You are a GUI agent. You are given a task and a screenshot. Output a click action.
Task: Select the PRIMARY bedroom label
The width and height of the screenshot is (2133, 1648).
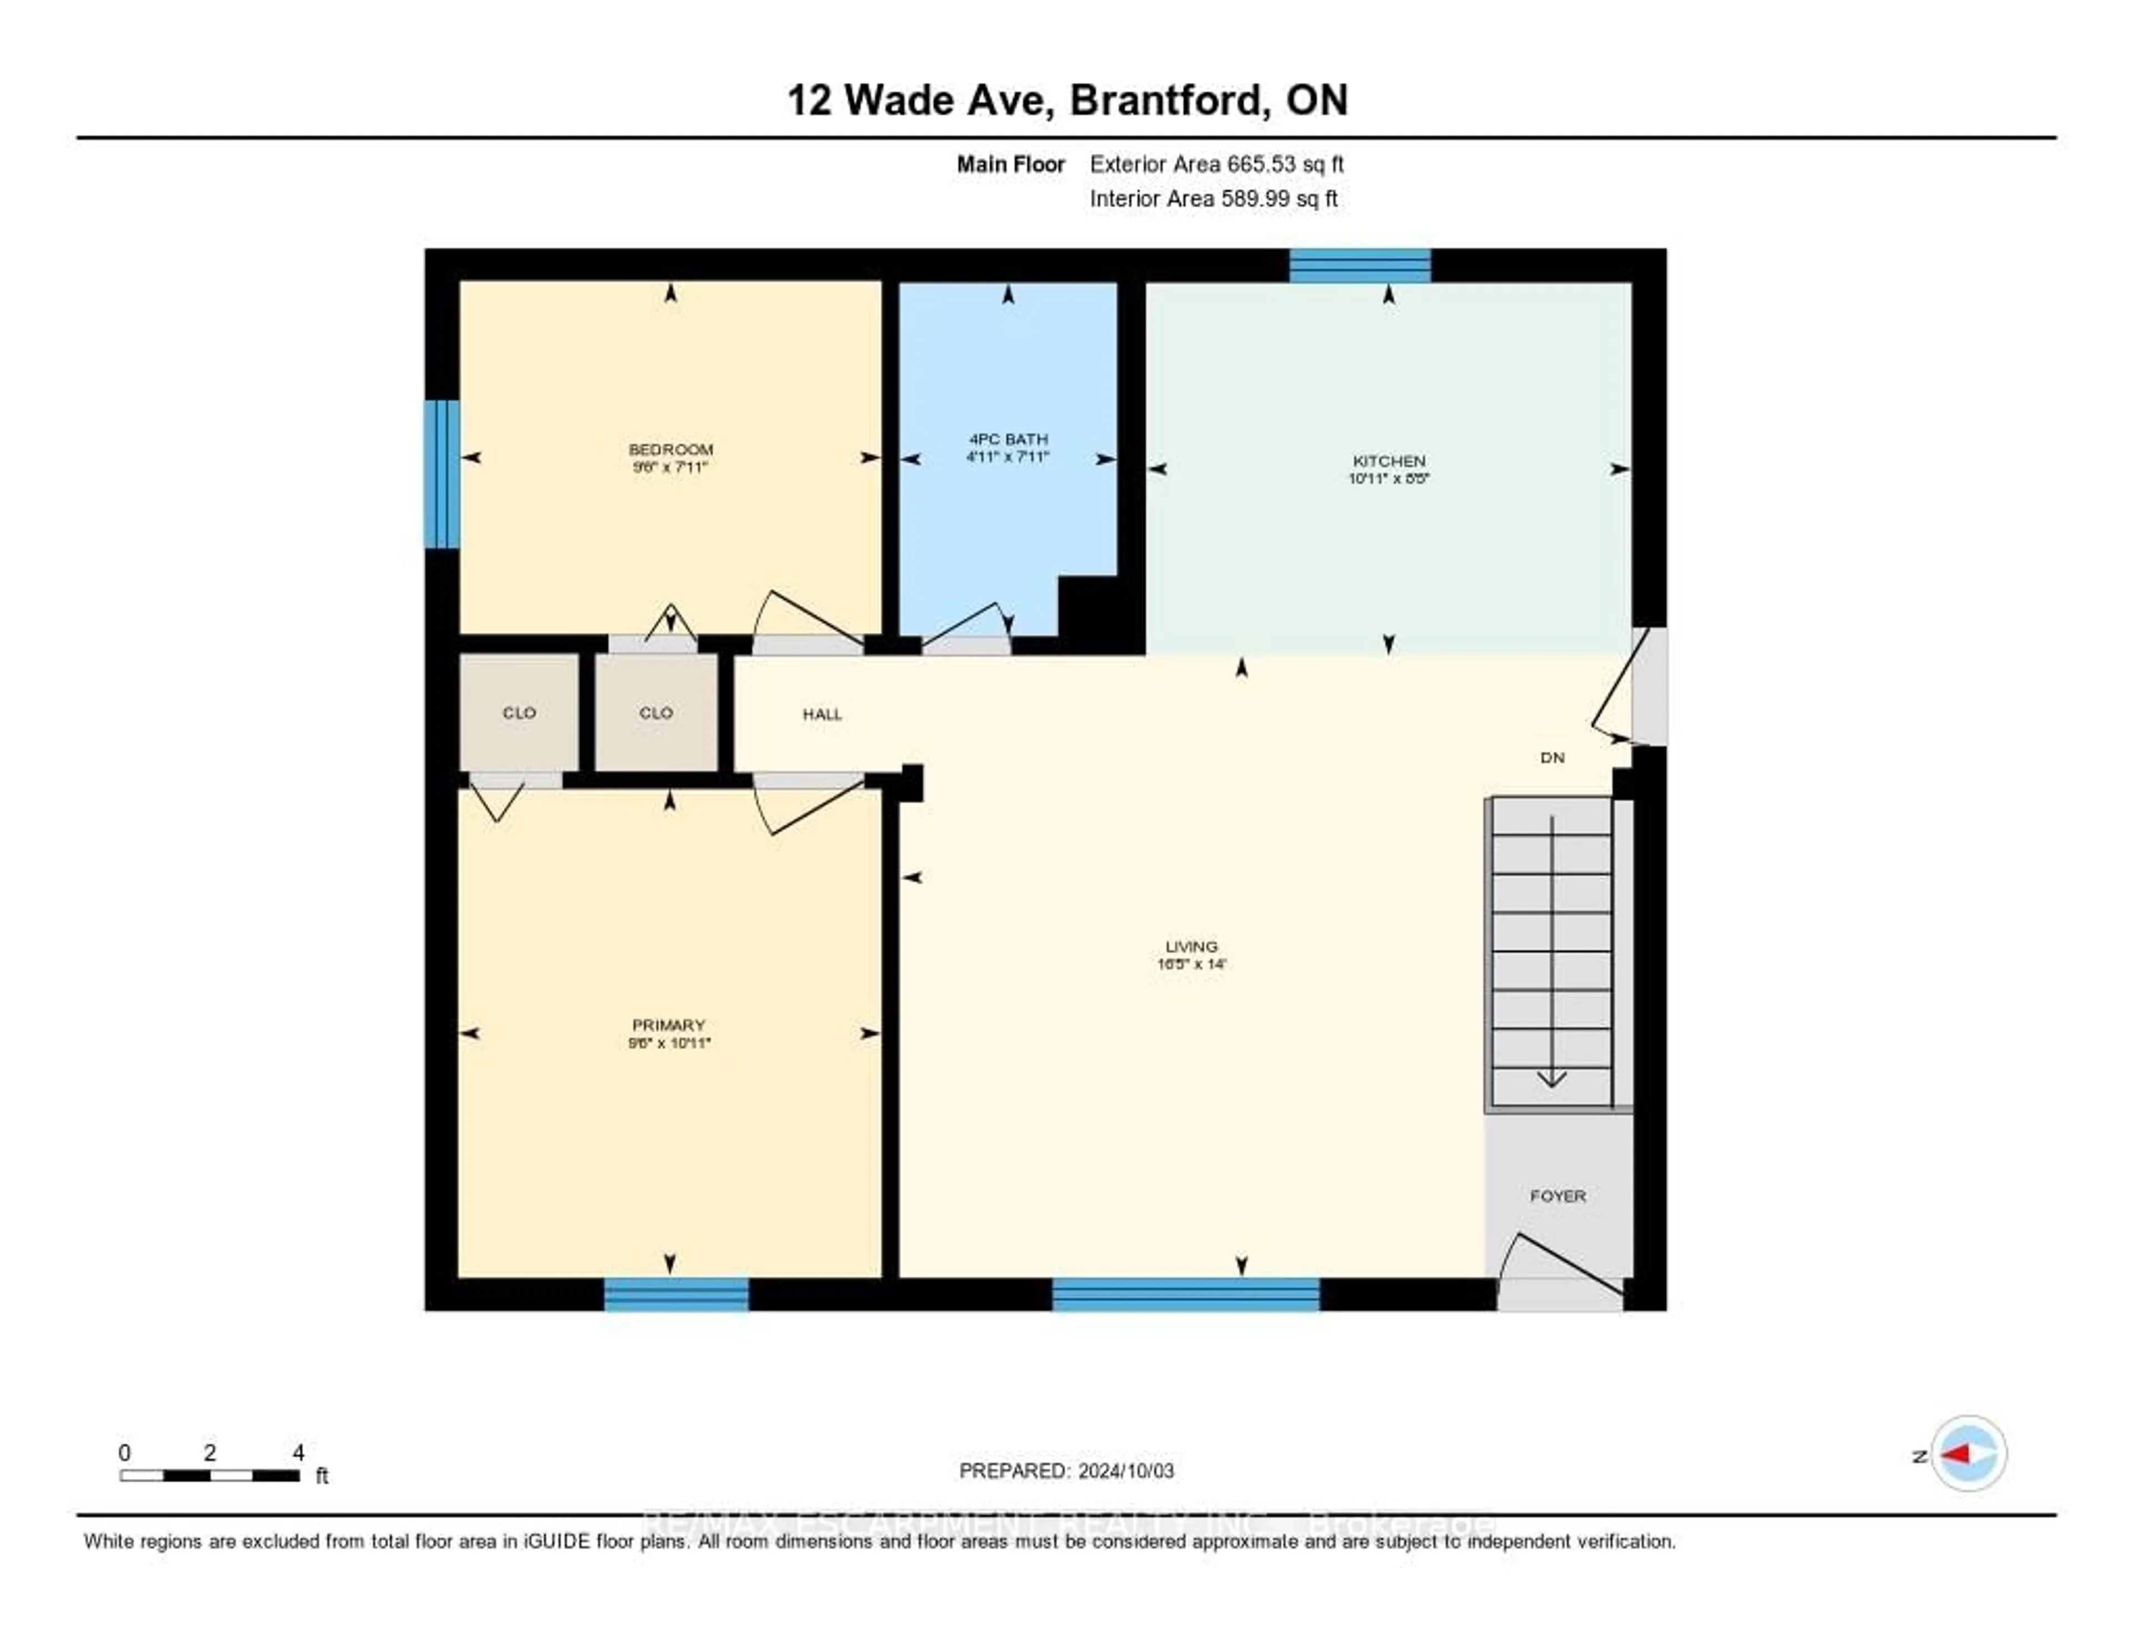pos(668,1025)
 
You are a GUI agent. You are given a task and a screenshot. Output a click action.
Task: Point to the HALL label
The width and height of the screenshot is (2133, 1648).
pos(822,714)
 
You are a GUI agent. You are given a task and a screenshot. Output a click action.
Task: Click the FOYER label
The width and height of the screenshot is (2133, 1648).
pos(1557,1196)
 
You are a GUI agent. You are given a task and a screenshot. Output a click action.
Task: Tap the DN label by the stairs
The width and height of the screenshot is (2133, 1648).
pos(1552,757)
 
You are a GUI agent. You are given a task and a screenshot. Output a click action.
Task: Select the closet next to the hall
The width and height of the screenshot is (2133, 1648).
pos(657,712)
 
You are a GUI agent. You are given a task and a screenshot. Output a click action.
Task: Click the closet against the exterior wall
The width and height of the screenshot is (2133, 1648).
pos(519,712)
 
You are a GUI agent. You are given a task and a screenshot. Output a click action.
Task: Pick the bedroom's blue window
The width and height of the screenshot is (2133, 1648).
pos(442,474)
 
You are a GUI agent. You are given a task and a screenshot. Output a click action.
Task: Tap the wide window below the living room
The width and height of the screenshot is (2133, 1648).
pos(1186,1295)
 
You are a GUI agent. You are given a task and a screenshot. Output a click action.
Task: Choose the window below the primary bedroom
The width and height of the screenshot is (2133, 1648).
pos(676,1295)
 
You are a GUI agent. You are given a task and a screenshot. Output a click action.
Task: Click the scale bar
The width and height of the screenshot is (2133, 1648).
pos(210,1475)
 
